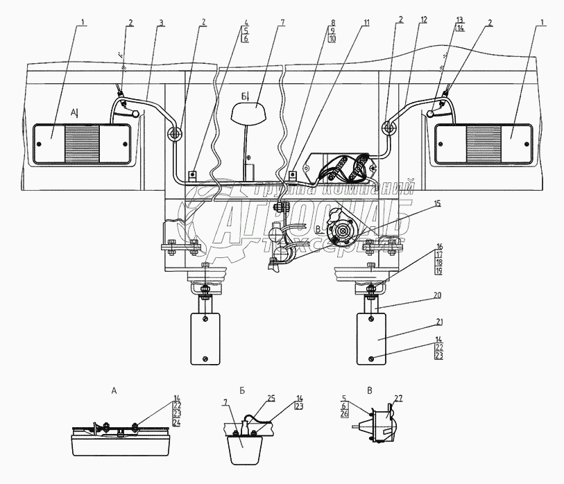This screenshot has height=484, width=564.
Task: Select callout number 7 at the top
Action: pos(282,23)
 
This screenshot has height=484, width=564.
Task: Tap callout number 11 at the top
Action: pos(365,23)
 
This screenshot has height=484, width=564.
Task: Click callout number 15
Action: pos(437,205)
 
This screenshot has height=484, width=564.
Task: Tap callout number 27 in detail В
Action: pos(398,399)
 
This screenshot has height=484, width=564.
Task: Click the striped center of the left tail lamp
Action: pos(82,144)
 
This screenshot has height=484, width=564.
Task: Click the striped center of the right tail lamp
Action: pos(483,144)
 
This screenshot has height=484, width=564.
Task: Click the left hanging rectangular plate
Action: pos(205,338)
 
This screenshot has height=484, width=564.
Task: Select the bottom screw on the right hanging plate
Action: pos(373,358)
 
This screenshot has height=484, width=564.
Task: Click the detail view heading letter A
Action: pos(114,390)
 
